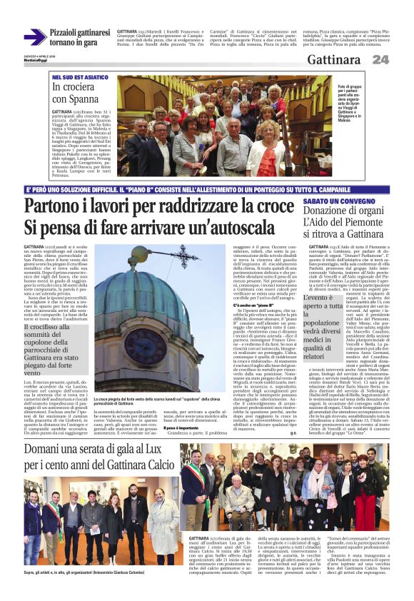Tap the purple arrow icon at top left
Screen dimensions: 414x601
[34, 37]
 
